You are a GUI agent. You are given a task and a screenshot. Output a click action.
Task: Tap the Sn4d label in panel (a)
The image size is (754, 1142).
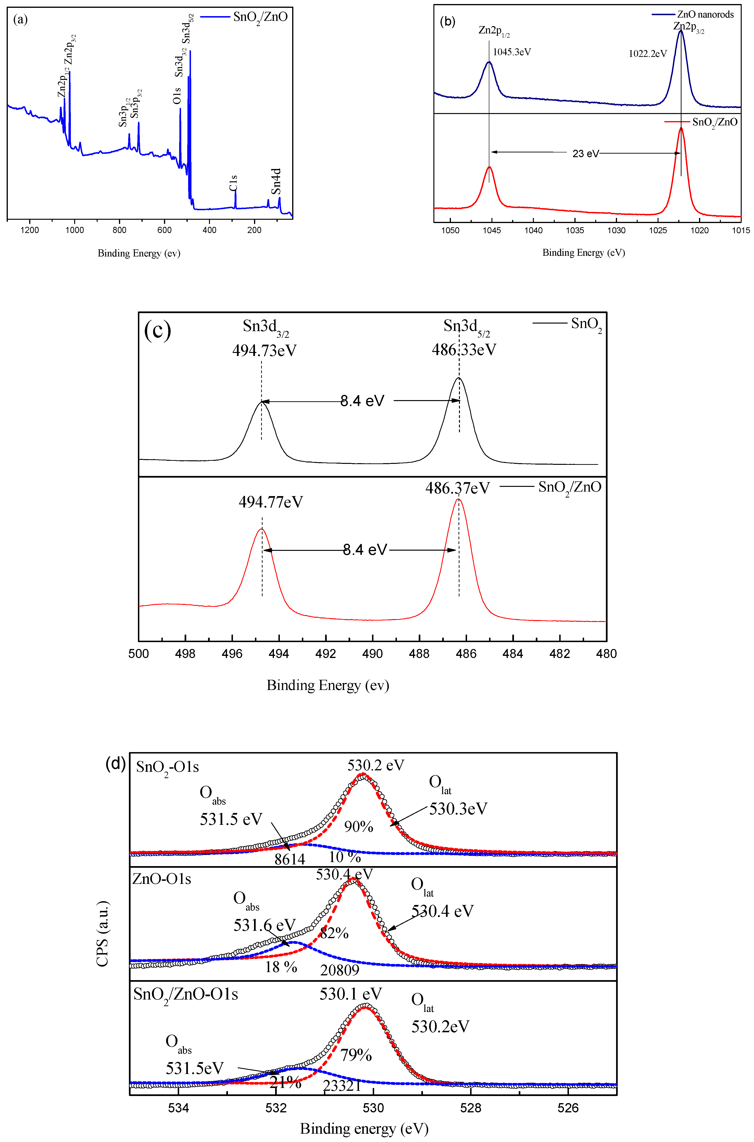click(276, 181)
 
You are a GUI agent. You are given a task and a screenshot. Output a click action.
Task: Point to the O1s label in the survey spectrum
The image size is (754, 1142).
click(177, 95)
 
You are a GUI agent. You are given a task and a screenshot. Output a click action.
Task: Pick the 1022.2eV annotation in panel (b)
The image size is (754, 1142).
click(648, 54)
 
